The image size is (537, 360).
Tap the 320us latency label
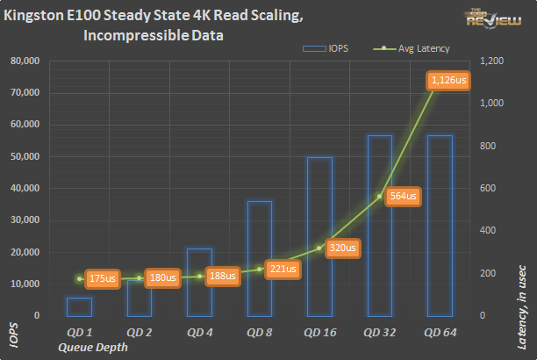pyautogui.click(x=342, y=248)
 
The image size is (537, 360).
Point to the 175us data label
pyautogui.click(x=102, y=278)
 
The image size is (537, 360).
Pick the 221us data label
pyautogui.click(x=283, y=269)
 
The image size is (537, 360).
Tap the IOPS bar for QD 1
pyautogui.click(x=80, y=306)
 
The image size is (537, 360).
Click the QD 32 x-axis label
pyautogui.click(x=379, y=333)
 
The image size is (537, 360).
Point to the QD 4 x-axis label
pyautogui.click(x=199, y=333)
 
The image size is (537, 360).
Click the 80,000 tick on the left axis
pyautogui.click(x=25, y=61)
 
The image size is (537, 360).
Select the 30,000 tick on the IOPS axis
pyautogui.click(x=25, y=220)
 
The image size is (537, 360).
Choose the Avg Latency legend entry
pyautogui.click(x=405, y=48)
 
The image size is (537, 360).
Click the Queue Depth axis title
pyautogui.click(x=92, y=347)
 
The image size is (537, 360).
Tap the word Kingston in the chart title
pyautogui.click(x=41, y=16)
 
